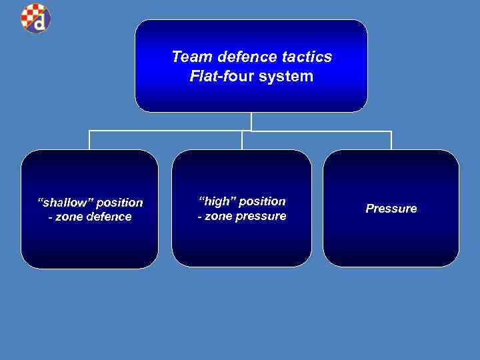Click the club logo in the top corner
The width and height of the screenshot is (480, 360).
[35, 18]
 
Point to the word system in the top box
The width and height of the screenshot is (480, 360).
[287, 76]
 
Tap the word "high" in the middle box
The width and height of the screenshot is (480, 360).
[215, 201]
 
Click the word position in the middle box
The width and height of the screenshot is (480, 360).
[262, 201]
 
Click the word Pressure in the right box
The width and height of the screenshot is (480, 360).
[391, 209]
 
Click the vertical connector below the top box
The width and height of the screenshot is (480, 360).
[251, 121]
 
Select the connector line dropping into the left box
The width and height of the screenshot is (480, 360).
[89, 140]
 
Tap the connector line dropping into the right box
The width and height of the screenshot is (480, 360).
[391, 140]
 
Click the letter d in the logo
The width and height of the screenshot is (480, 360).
[41, 23]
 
